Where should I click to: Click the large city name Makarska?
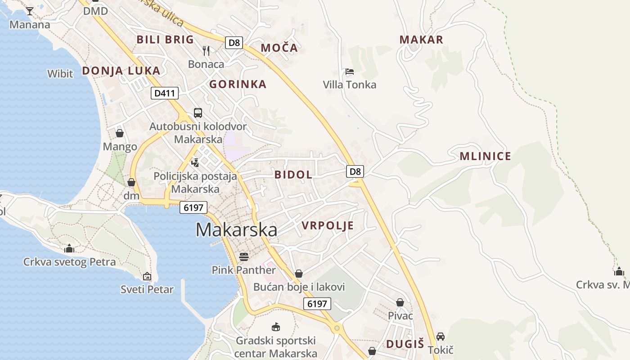click(x=236, y=230)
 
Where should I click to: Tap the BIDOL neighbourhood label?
click(x=293, y=175)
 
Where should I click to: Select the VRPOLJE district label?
click(x=328, y=225)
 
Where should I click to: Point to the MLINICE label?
click(x=485, y=156)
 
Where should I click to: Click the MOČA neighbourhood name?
click(x=279, y=48)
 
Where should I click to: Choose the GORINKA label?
click(x=238, y=84)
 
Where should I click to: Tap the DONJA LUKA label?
click(x=121, y=71)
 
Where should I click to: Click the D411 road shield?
click(x=165, y=93)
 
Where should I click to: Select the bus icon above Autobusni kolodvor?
click(x=198, y=113)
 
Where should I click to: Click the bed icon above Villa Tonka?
click(x=350, y=72)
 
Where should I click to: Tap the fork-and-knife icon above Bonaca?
click(x=206, y=50)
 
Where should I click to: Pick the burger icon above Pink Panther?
click(x=244, y=257)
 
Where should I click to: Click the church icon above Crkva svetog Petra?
click(x=69, y=248)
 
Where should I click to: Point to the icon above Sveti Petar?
click(x=147, y=276)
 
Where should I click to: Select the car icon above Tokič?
click(x=441, y=337)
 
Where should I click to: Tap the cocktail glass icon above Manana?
click(x=30, y=11)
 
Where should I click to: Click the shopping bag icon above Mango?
click(x=120, y=133)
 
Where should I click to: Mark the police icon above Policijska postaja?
click(x=195, y=162)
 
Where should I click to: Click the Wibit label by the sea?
click(x=60, y=73)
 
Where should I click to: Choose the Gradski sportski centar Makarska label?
click(x=275, y=347)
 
